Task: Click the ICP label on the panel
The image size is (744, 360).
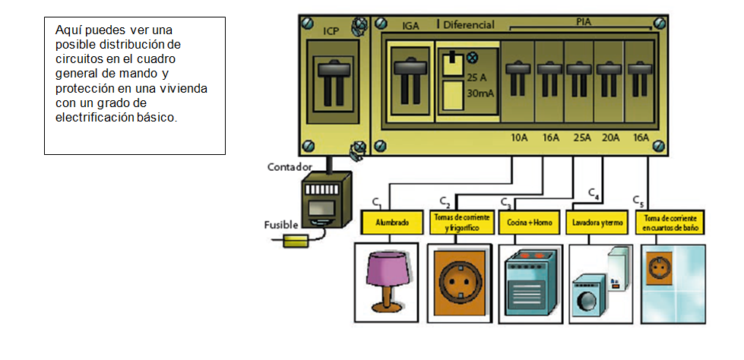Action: (x=331, y=31)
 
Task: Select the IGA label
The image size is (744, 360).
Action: (x=410, y=26)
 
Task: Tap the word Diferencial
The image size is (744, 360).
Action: (x=469, y=25)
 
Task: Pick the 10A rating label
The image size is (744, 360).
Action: (x=519, y=138)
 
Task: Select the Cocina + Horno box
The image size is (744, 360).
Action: (x=530, y=224)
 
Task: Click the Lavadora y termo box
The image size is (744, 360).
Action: (x=596, y=224)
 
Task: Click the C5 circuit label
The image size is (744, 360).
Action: (x=638, y=201)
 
